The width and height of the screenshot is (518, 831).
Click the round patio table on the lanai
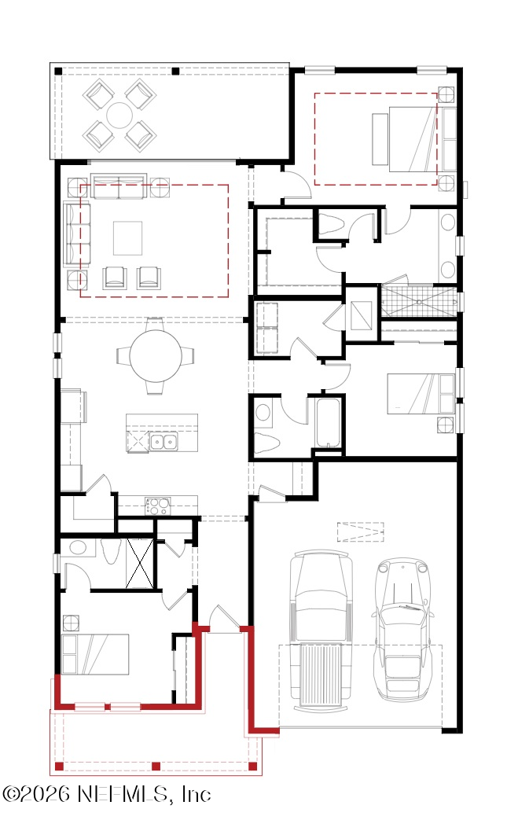pyautogui.click(x=119, y=114)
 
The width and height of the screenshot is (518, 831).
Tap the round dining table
pyautogui.click(x=155, y=355)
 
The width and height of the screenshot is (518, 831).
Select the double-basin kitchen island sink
pyautogui.click(x=163, y=441)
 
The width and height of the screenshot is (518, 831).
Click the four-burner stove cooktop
pyautogui.click(x=158, y=506)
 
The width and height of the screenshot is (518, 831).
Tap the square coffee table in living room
pyautogui.click(x=127, y=238)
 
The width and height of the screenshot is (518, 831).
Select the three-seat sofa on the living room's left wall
pyautogui.click(x=76, y=233)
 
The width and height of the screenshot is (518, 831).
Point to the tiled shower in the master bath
pyautogui.click(x=418, y=302)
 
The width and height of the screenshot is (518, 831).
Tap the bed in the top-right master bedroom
pyautogui.click(x=413, y=139)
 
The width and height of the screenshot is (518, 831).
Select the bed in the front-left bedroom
pyautogui.click(x=95, y=654)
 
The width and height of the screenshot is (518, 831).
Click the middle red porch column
pyautogui.click(x=156, y=766)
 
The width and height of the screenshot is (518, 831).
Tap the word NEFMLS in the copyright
pyautogui.click(x=123, y=794)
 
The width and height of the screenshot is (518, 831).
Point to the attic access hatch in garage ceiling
pyautogui.click(x=360, y=531)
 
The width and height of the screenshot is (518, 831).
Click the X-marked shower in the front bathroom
pyautogui.click(x=140, y=563)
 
